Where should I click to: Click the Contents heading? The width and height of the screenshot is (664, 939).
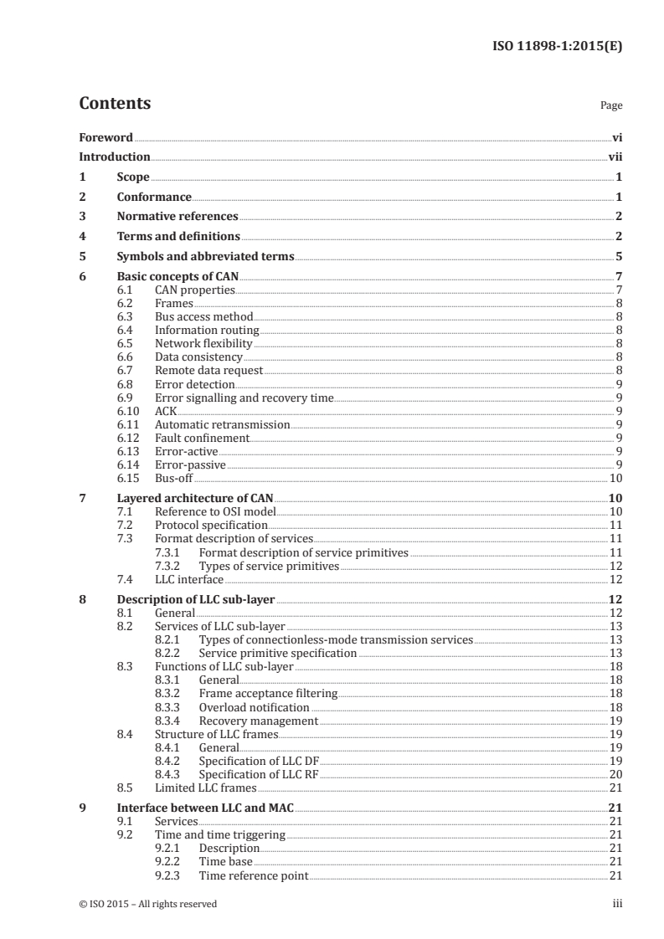115,104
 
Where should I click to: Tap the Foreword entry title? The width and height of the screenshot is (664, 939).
106,137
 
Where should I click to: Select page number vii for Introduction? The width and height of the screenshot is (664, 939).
614,156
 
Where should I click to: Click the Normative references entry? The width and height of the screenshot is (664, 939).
177,216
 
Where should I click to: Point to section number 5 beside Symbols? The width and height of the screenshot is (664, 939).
82,256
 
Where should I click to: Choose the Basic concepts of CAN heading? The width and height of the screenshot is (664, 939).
178,277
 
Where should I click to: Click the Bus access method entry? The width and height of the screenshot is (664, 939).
203,317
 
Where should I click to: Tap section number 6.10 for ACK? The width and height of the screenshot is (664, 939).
165,410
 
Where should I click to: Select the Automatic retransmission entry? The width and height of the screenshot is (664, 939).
222,424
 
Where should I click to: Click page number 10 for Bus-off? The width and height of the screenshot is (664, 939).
614,478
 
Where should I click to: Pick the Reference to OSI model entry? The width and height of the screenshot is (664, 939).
215,511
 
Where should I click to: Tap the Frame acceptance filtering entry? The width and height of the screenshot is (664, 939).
268,693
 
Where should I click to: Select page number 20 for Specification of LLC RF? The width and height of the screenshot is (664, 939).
614,774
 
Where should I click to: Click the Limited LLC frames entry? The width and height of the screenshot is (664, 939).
205,788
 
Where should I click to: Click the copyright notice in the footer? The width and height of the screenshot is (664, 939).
147,904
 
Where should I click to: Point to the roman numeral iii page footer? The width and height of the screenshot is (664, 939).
617,904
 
